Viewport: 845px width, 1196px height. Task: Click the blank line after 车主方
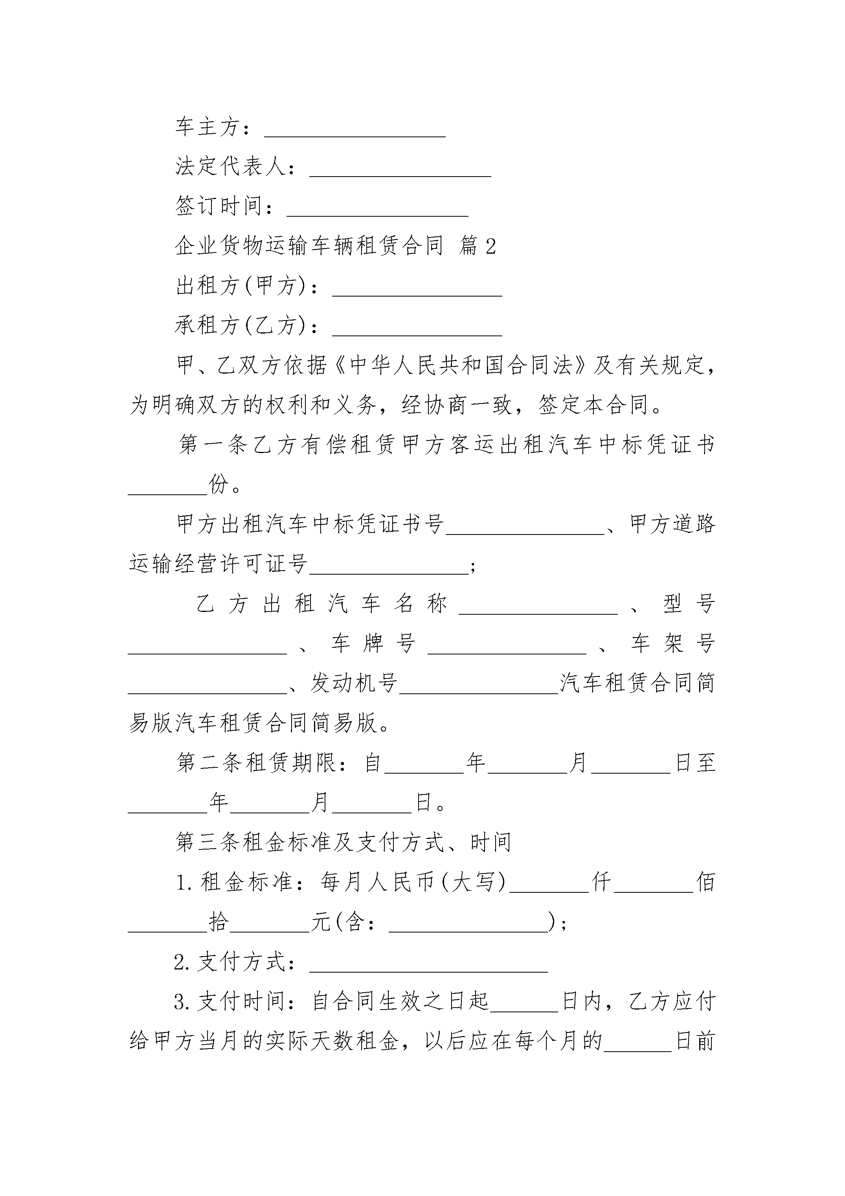(x=355, y=136)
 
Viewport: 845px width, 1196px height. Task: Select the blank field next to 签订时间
(x=377, y=215)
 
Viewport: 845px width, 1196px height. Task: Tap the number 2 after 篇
(x=490, y=246)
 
